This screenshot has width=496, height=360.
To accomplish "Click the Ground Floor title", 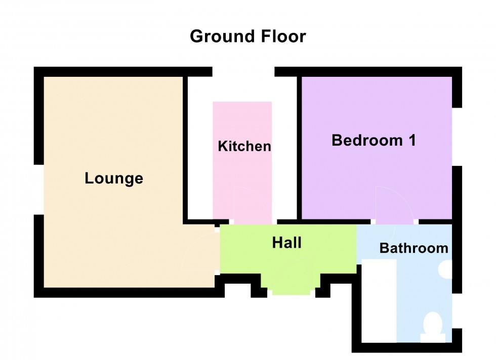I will (247, 36).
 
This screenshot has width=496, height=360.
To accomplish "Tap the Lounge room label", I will (114, 178).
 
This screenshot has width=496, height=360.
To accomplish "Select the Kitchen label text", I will (244, 147).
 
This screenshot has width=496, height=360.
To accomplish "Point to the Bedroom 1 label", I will (374, 140).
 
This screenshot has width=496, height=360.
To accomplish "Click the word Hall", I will (286, 243).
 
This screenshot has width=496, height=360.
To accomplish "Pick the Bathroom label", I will (414, 248).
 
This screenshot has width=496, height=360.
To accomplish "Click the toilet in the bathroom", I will (433, 328).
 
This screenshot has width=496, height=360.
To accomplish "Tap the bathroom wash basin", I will (446, 269).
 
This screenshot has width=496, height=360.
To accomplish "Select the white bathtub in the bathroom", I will (379, 300).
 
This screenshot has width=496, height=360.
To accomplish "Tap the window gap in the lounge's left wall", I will (38, 190).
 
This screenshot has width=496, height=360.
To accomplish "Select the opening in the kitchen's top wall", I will (243, 72).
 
